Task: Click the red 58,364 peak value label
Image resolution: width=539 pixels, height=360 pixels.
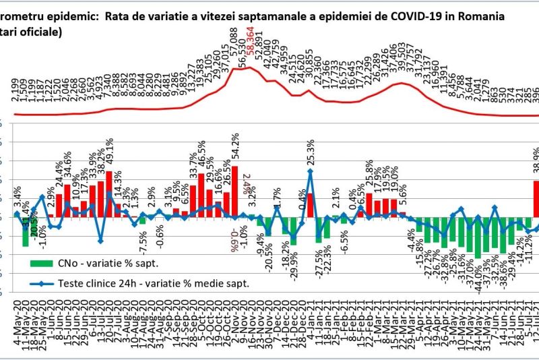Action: [x=250, y=51]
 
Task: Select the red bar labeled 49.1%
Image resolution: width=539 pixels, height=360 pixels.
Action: [x=108, y=194]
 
